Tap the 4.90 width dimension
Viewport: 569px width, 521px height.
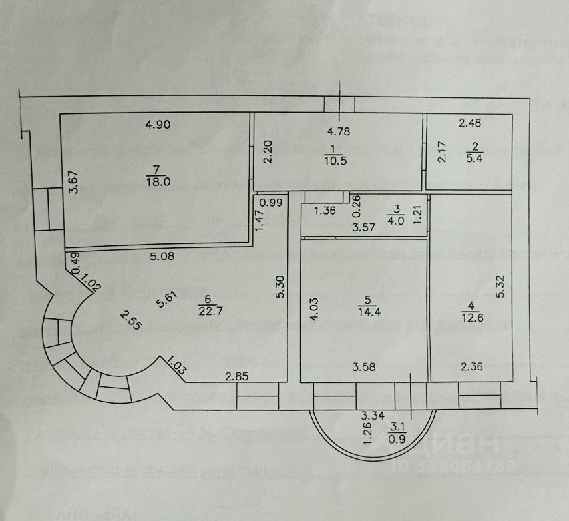point(159,123)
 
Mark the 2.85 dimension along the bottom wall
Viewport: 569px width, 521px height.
point(238,378)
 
